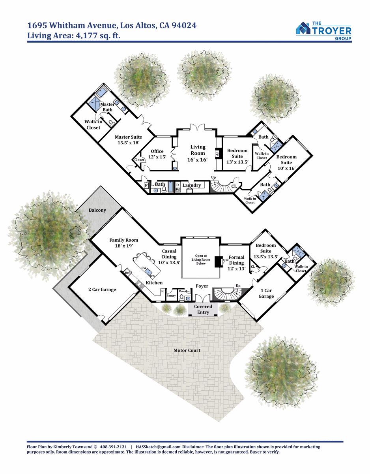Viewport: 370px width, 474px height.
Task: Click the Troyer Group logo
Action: click(323, 31)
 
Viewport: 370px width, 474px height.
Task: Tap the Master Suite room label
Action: click(128, 140)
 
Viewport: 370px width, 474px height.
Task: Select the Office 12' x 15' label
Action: click(157, 154)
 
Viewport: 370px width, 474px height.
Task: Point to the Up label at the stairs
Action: click(213, 177)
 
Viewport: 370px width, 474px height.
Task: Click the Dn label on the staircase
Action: click(238, 286)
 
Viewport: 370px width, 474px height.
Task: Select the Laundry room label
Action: click(192, 185)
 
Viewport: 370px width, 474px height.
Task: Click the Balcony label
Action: click(97, 210)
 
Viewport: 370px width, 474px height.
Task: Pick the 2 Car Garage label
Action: click(102, 290)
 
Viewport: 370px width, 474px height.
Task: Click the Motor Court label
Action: click(187, 350)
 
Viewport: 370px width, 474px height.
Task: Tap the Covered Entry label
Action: click(203, 309)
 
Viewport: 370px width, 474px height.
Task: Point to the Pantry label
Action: click(171, 295)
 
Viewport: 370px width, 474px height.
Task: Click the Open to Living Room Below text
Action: click(201, 260)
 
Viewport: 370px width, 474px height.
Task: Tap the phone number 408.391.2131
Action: click(113, 446)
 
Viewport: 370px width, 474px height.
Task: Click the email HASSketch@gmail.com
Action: click(158, 446)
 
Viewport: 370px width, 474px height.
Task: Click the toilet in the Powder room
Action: click(181, 297)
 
